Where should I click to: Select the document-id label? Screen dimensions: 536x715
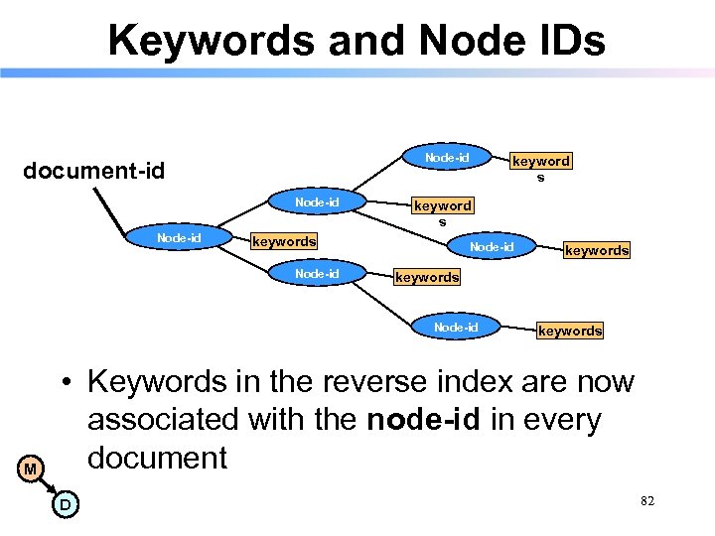click(94, 171)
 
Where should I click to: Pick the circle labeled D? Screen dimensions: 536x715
click(64, 505)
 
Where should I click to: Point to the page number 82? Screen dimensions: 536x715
click(647, 502)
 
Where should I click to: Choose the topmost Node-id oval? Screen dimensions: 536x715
click(447, 158)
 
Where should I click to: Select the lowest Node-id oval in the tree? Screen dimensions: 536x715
click(456, 328)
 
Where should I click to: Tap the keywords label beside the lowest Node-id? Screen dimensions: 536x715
click(570, 331)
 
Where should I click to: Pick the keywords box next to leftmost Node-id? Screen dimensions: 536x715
click(284, 241)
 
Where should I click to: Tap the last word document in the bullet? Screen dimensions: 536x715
click(158, 459)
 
